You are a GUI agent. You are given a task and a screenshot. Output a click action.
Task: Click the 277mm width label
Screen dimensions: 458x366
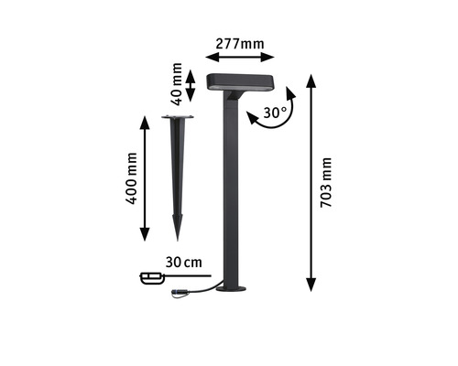240,44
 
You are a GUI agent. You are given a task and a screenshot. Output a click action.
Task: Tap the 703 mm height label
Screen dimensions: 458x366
326,183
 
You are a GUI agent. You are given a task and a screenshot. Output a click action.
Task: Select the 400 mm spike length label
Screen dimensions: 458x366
131,178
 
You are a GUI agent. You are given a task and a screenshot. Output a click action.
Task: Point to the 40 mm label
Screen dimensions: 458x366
177,84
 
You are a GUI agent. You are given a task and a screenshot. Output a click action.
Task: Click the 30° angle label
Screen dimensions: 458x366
275,113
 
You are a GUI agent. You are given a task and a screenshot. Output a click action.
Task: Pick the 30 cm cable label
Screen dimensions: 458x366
184,263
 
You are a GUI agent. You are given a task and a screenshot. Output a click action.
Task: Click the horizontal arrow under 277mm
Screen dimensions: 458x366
240,57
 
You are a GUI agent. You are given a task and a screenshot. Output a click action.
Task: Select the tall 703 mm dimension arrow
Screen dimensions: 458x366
311,183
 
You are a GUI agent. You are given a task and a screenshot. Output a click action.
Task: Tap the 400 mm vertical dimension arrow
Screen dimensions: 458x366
145,178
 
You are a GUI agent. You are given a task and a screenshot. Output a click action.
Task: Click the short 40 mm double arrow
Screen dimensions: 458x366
191,86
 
